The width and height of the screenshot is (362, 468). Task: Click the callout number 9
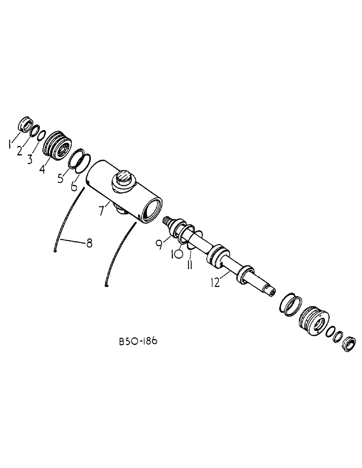[x=160, y=243]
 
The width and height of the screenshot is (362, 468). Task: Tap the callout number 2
[x=20, y=151]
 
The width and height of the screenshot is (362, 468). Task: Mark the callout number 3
[x=30, y=161]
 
